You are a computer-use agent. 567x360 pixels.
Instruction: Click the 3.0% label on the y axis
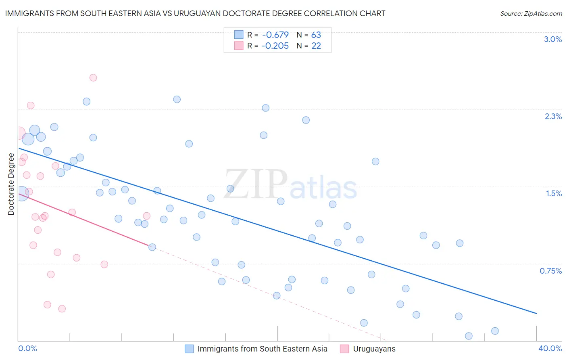click(553, 39)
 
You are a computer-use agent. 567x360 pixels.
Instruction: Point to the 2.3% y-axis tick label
click(553, 116)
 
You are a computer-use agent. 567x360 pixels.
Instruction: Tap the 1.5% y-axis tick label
click(554, 193)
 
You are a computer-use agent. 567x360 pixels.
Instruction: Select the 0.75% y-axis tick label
click(550, 271)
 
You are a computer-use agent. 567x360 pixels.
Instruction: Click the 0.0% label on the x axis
click(27, 348)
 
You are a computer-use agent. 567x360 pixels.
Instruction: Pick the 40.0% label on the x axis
click(550, 348)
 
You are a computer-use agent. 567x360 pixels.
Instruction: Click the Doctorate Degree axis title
click(11, 184)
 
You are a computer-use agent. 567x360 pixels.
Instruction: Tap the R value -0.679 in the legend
click(275, 35)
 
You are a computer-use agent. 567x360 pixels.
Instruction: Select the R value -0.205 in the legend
click(275, 46)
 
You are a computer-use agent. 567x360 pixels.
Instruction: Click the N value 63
click(316, 35)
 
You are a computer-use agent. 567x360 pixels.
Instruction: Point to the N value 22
click(316, 46)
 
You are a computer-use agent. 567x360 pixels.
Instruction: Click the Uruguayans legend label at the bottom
click(374, 349)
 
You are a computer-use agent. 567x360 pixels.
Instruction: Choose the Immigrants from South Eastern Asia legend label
click(262, 349)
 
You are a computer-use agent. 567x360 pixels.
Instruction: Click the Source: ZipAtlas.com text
click(531, 14)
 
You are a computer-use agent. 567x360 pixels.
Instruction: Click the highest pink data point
click(93, 77)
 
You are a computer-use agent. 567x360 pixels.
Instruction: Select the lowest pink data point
click(62, 309)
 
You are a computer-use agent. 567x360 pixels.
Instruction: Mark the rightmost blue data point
click(495, 331)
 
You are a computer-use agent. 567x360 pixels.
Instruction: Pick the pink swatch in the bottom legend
click(344, 349)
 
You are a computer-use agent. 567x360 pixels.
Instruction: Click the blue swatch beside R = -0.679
click(239, 35)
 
